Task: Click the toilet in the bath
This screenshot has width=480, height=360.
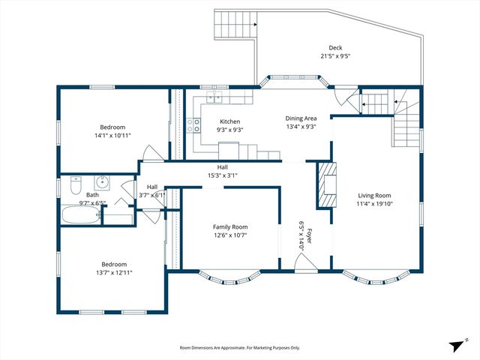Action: point(76,184)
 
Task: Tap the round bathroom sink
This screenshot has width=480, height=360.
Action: point(103,182)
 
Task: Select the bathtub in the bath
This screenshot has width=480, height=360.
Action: point(79,215)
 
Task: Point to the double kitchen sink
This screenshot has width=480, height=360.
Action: point(215,97)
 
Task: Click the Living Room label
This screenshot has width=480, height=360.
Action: point(374,195)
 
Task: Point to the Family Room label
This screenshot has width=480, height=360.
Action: point(229,227)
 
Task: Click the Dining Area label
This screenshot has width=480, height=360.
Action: point(301,118)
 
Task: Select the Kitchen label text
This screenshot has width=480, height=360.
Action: point(229,121)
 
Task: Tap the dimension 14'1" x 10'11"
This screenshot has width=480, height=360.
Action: point(112,136)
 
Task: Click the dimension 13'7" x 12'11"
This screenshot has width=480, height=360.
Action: point(114,272)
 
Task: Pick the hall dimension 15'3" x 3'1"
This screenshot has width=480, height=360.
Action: point(222,175)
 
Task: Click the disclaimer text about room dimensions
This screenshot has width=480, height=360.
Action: point(240,348)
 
